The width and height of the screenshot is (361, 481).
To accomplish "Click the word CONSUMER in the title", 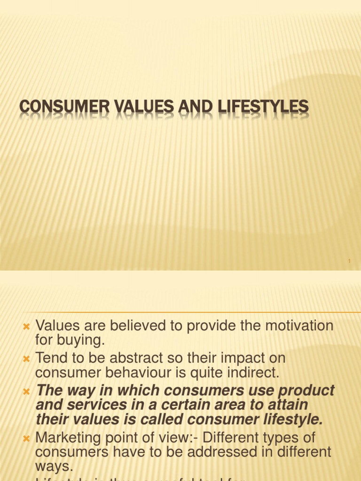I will point(56,107).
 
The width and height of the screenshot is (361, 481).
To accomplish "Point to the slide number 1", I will point(350,261).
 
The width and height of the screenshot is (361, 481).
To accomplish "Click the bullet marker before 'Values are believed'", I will point(26,326).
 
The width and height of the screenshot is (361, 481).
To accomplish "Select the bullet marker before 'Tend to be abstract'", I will point(26,358).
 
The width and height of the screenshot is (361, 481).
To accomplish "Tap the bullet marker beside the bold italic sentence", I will point(26,391).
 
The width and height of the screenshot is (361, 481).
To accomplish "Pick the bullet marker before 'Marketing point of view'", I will point(26,439).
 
